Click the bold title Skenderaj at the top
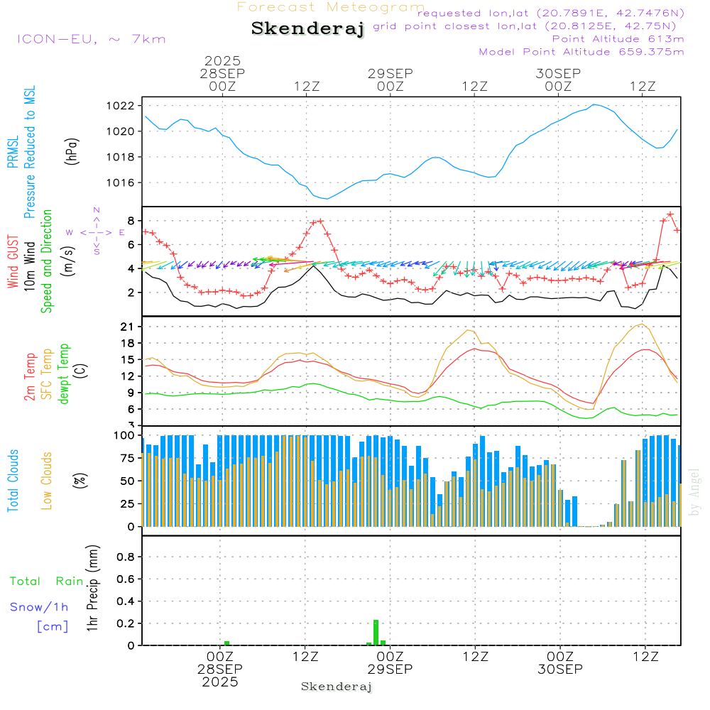(x=307, y=28)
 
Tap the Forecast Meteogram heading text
(x=331, y=7)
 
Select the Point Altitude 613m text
(x=618, y=39)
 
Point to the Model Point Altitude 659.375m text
(x=581, y=52)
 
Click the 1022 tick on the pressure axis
(x=124, y=106)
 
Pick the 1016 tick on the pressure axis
(x=124, y=182)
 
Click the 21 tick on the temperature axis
(x=129, y=327)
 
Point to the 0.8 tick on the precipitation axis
(x=126, y=557)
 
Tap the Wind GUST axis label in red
(x=13, y=262)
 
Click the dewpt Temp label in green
(x=64, y=374)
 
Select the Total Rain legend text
(x=46, y=581)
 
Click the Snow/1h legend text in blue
(x=39, y=608)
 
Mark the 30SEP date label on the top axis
(x=558, y=74)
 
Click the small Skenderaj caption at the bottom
(x=337, y=687)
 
